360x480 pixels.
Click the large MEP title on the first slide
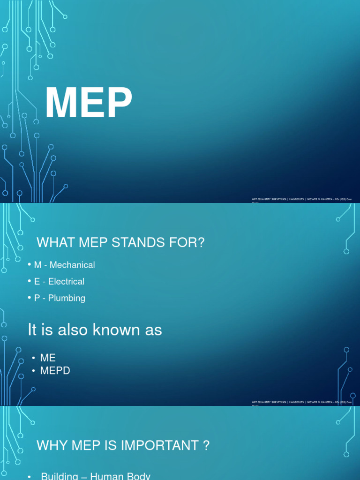pyautogui.click(x=89, y=105)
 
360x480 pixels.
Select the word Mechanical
pyautogui.click(x=72, y=265)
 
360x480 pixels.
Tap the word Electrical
pyautogui.click(x=66, y=281)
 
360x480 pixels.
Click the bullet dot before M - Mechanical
pyautogui.click(x=30, y=265)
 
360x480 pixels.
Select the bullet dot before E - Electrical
pyautogui.click(x=30, y=281)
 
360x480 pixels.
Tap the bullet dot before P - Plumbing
pyautogui.click(x=30, y=298)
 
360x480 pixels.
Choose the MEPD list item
pyautogui.click(x=55, y=371)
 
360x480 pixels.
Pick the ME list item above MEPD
pyautogui.click(x=48, y=358)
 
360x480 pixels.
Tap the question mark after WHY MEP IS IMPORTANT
pyautogui.click(x=206, y=446)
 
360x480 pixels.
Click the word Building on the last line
pyautogui.click(x=60, y=476)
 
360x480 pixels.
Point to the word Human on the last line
pyautogui.click(x=107, y=476)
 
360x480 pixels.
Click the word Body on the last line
pyautogui.click(x=138, y=476)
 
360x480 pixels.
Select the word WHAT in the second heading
pyautogui.click(x=52, y=243)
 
